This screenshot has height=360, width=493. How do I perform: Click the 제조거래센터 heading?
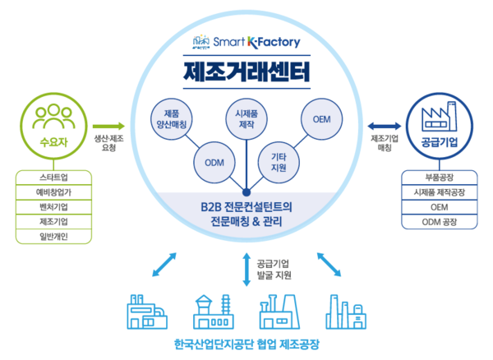point(246,72)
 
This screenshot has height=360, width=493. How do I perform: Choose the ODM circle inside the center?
point(214,161)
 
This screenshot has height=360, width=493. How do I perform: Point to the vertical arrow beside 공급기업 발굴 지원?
point(246,270)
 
